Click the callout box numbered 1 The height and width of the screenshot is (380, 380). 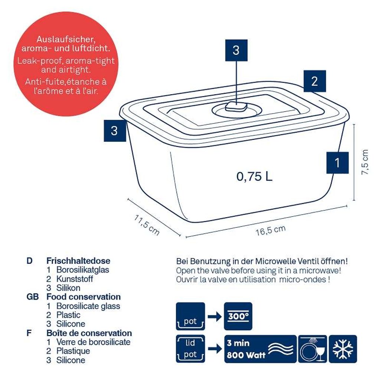click(337, 163)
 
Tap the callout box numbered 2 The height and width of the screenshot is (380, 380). click(314, 81)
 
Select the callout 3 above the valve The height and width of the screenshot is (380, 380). click(236, 50)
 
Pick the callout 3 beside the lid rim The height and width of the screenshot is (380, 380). click(114, 131)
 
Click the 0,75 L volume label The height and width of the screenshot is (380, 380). click(255, 176)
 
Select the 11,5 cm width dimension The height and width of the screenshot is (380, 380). click(147, 225)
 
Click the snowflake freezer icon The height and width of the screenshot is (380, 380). click(343, 349)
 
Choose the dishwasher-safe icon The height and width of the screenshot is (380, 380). click(312, 349)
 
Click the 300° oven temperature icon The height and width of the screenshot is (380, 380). click(238, 316)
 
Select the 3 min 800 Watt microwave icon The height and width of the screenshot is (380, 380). click(260, 349)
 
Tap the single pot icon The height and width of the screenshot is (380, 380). click(190, 316)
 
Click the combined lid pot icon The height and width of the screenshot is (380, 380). click(190, 349)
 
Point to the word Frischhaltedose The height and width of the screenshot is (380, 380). click(78, 261)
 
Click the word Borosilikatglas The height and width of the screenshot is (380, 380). click(83, 270)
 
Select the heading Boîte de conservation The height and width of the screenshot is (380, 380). click(89, 333)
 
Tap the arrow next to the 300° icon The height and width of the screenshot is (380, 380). click(214, 317)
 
